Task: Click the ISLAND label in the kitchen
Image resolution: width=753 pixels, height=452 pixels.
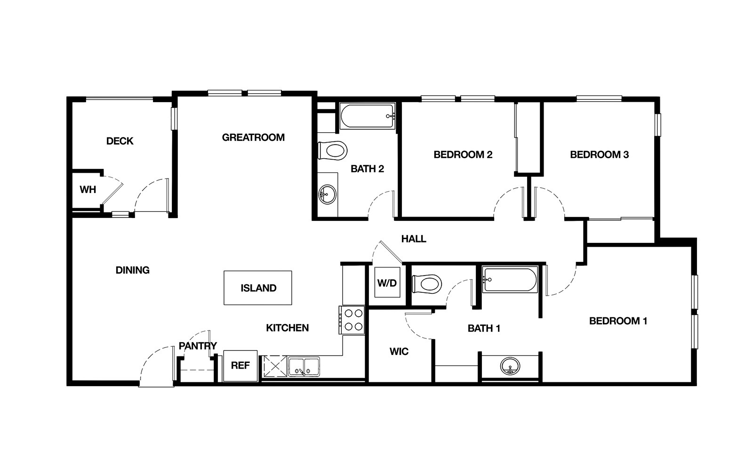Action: pos(258,288)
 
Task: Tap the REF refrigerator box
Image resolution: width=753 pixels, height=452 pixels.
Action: pos(240,365)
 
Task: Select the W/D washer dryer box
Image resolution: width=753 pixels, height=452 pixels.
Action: pos(387,282)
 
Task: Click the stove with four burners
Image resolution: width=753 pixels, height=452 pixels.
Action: pos(352,320)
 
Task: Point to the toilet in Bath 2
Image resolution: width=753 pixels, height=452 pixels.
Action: pos(332,150)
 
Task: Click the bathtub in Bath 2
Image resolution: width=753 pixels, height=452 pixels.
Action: pos(368,116)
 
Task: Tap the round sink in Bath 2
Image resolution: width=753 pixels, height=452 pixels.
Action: pos(327,194)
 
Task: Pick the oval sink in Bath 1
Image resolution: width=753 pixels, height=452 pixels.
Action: pos(510,366)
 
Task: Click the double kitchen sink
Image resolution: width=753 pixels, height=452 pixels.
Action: pos(304,367)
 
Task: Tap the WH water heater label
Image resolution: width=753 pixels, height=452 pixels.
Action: pos(88,190)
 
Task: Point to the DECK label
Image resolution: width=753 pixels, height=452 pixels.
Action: pos(120,141)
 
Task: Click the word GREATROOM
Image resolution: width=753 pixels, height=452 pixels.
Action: pos(253,137)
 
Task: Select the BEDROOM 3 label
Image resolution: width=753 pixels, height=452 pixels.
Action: pos(600,155)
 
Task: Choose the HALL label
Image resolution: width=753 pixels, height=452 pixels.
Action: pos(414,239)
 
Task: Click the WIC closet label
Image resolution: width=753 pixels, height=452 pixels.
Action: pos(399,351)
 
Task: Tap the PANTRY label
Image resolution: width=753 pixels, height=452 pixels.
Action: pos(198,346)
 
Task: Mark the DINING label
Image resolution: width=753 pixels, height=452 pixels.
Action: pos(132,270)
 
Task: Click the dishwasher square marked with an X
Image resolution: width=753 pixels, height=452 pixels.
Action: pos(275,366)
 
